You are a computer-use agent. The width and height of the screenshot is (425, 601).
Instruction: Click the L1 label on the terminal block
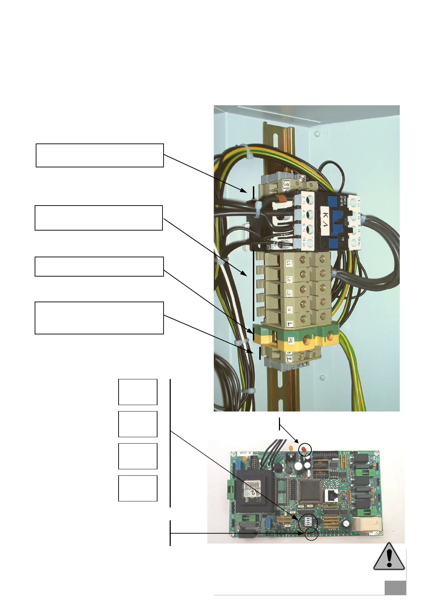tap(289, 263)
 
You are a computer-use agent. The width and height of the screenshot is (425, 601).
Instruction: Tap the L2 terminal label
tap(289, 279)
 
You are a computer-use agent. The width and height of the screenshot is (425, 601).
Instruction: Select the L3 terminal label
tap(289, 293)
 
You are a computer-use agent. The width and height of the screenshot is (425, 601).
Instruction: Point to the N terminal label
tap(289, 309)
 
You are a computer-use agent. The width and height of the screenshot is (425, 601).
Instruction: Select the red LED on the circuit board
tap(304, 449)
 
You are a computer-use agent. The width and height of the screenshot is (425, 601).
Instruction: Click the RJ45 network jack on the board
tap(330, 495)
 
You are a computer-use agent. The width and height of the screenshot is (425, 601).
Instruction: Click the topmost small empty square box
tap(137, 392)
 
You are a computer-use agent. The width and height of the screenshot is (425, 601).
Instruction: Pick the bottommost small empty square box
tap(137, 488)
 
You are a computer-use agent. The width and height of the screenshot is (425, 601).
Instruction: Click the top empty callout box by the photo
tap(100, 155)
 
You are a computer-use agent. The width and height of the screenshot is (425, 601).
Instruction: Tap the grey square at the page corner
tap(395, 588)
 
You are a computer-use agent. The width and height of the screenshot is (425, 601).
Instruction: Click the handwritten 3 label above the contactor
tap(286, 185)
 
